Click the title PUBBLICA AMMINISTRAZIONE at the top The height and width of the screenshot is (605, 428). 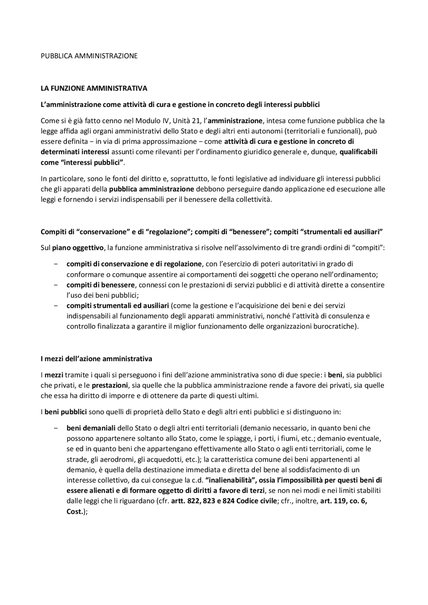click(x=89, y=56)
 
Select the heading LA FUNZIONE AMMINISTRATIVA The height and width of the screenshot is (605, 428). click(x=94, y=89)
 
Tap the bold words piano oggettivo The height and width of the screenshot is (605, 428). click(x=78, y=248)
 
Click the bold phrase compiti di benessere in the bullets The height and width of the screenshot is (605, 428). click(x=101, y=285)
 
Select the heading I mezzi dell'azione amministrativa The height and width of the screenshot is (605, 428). click(x=96, y=359)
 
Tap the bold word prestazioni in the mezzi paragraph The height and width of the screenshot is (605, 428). click(x=110, y=385)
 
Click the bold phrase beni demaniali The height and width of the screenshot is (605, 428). click(x=91, y=428)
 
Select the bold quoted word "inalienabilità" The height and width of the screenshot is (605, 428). click(x=230, y=480)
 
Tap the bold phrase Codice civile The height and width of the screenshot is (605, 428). click(x=256, y=501)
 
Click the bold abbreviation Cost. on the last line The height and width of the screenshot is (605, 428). click(x=75, y=511)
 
